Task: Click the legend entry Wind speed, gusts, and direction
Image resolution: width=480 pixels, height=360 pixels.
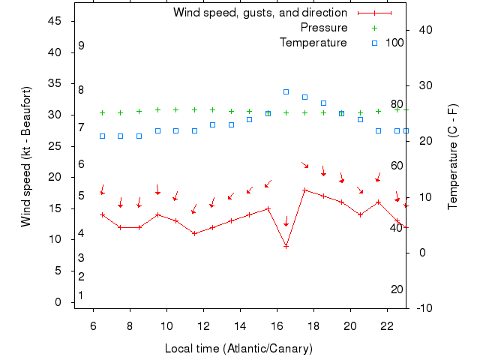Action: (x=260, y=13)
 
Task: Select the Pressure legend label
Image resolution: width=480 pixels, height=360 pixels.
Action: (x=324, y=28)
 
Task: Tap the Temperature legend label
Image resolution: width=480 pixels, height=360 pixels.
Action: (x=313, y=43)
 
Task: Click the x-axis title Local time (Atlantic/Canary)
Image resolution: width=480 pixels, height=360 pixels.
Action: (x=238, y=349)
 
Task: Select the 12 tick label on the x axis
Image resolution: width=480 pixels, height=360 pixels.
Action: (x=203, y=325)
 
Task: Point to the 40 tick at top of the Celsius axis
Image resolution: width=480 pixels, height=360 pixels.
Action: (x=424, y=30)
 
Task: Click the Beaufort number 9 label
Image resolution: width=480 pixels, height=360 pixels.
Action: (x=81, y=46)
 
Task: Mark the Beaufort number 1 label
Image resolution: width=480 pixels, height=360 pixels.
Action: (x=81, y=295)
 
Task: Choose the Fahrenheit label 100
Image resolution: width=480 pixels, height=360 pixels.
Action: (x=395, y=43)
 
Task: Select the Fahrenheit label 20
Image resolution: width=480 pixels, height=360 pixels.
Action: (x=397, y=289)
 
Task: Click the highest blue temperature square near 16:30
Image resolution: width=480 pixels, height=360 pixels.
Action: (x=286, y=91)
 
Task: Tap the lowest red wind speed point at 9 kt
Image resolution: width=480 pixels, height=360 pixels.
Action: (x=286, y=246)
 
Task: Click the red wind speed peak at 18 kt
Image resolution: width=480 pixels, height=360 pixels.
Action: (x=304, y=190)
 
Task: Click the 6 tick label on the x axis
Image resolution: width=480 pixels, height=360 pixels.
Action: (x=93, y=325)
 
